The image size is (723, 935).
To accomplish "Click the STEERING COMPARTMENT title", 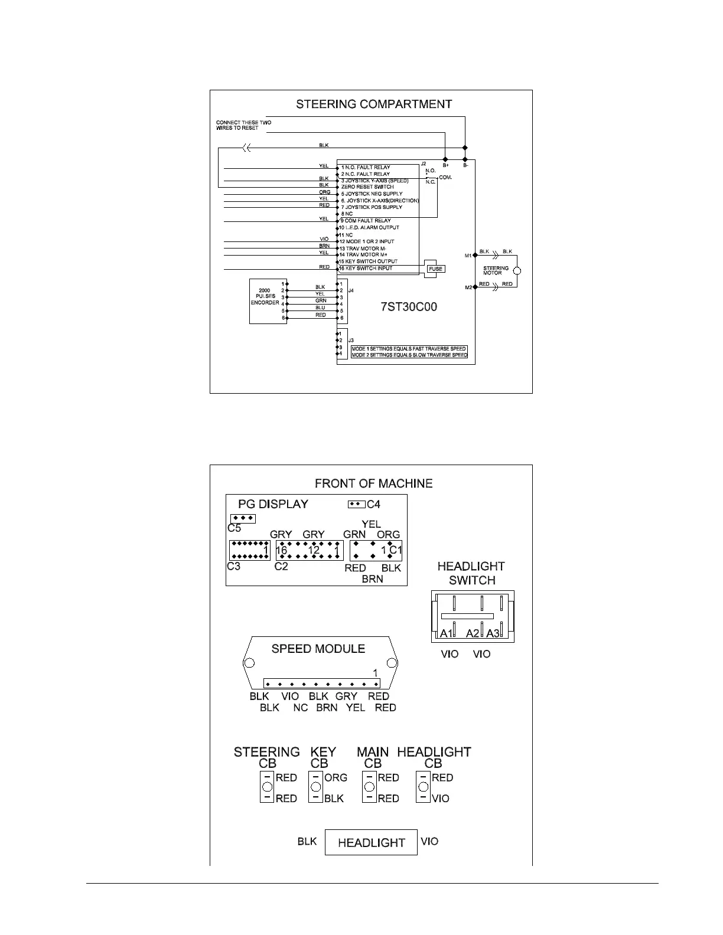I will pos(374,104).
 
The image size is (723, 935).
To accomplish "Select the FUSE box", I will pos(435,269).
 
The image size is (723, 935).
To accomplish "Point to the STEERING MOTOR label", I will pos(496,270).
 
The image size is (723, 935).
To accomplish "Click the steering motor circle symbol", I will pos(517,271).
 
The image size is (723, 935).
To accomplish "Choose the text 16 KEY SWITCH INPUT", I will pos(366,268).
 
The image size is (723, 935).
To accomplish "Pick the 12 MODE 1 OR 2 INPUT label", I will pos(366,241).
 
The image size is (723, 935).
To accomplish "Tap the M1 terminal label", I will pos(468,256).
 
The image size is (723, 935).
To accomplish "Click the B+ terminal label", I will pos(445,166).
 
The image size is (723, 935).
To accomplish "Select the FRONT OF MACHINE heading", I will pos(373,483).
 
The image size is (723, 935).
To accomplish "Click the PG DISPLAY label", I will pos(273,504).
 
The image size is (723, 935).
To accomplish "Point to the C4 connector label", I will pos(373,505).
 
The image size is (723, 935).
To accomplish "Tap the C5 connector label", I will pos(234,528).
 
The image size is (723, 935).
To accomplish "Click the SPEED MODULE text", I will pos(318,649).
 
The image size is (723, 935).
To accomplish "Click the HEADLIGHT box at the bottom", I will pos(371,842).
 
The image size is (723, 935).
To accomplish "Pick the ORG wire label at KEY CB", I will pos(336,778).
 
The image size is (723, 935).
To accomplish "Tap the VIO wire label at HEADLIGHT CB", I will pos(440,799).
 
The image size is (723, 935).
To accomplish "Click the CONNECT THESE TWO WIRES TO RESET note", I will pos(243,125).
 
